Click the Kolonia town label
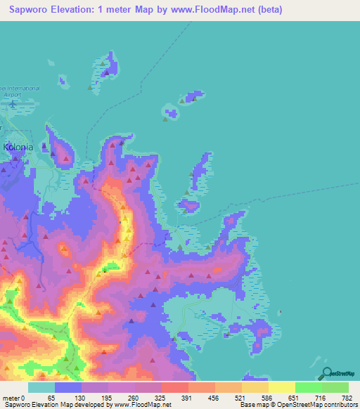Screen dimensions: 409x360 (19, 148)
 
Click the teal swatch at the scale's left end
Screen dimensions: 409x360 (41, 387)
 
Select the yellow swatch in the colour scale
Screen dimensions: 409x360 (281, 387)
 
